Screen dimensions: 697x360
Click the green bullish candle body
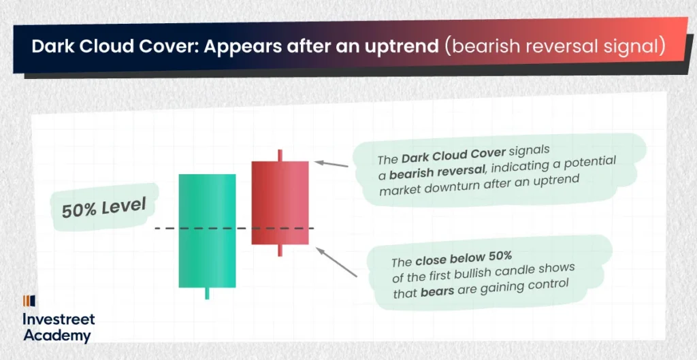click(x=207, y=231)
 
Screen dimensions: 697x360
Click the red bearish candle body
click(x=280, y=203)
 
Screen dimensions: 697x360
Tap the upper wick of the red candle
click(x=280, y=155)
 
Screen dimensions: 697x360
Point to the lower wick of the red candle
click(x=280, y=250)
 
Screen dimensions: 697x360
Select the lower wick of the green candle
click(x=207, y=293)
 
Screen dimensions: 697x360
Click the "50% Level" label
click(x=104, y=208)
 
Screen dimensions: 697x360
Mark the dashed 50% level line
click(x=234, y=229)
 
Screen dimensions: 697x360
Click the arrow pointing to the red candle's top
click(x=331, y=164)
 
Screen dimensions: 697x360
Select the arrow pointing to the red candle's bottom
click(x=336, y=262)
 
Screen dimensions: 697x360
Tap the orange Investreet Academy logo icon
click(x=29, y=301)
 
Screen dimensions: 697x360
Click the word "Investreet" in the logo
click(x=59, y=319)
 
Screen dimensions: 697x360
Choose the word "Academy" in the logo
click(x=57, y=336)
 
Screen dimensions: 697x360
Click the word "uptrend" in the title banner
click(x=406, y=47)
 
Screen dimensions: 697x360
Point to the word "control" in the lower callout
click(x=549, y=283)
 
